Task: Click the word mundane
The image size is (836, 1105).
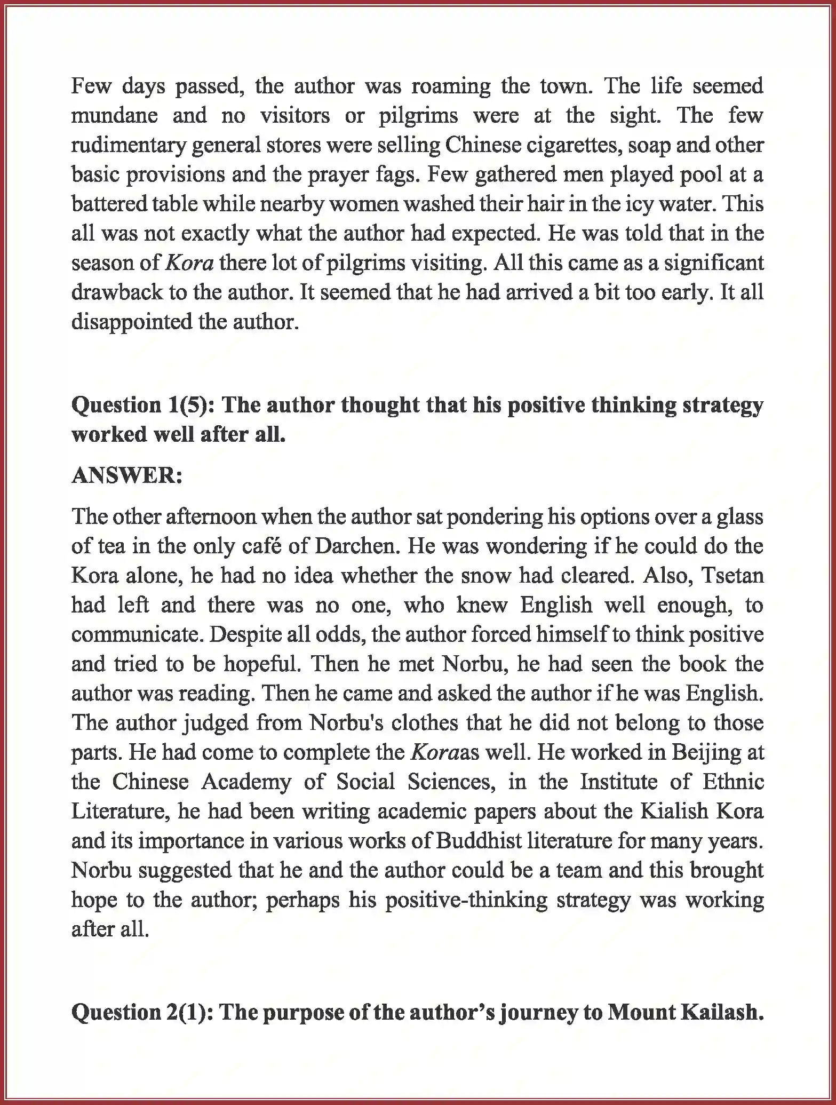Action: [114, 116]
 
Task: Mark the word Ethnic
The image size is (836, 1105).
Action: [733, 782]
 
